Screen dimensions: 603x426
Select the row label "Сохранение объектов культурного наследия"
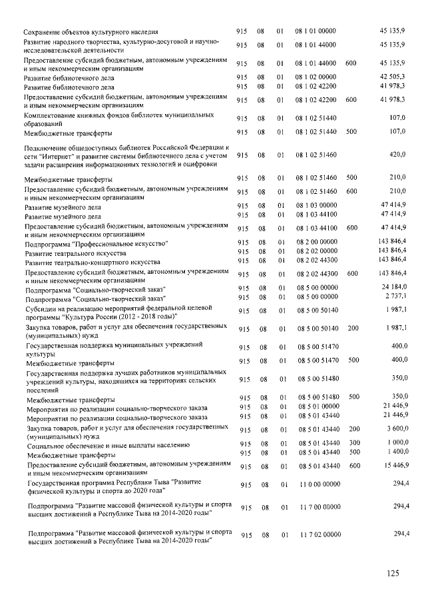(x=91, y=32)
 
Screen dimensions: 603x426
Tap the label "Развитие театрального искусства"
(x=75, y=254)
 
